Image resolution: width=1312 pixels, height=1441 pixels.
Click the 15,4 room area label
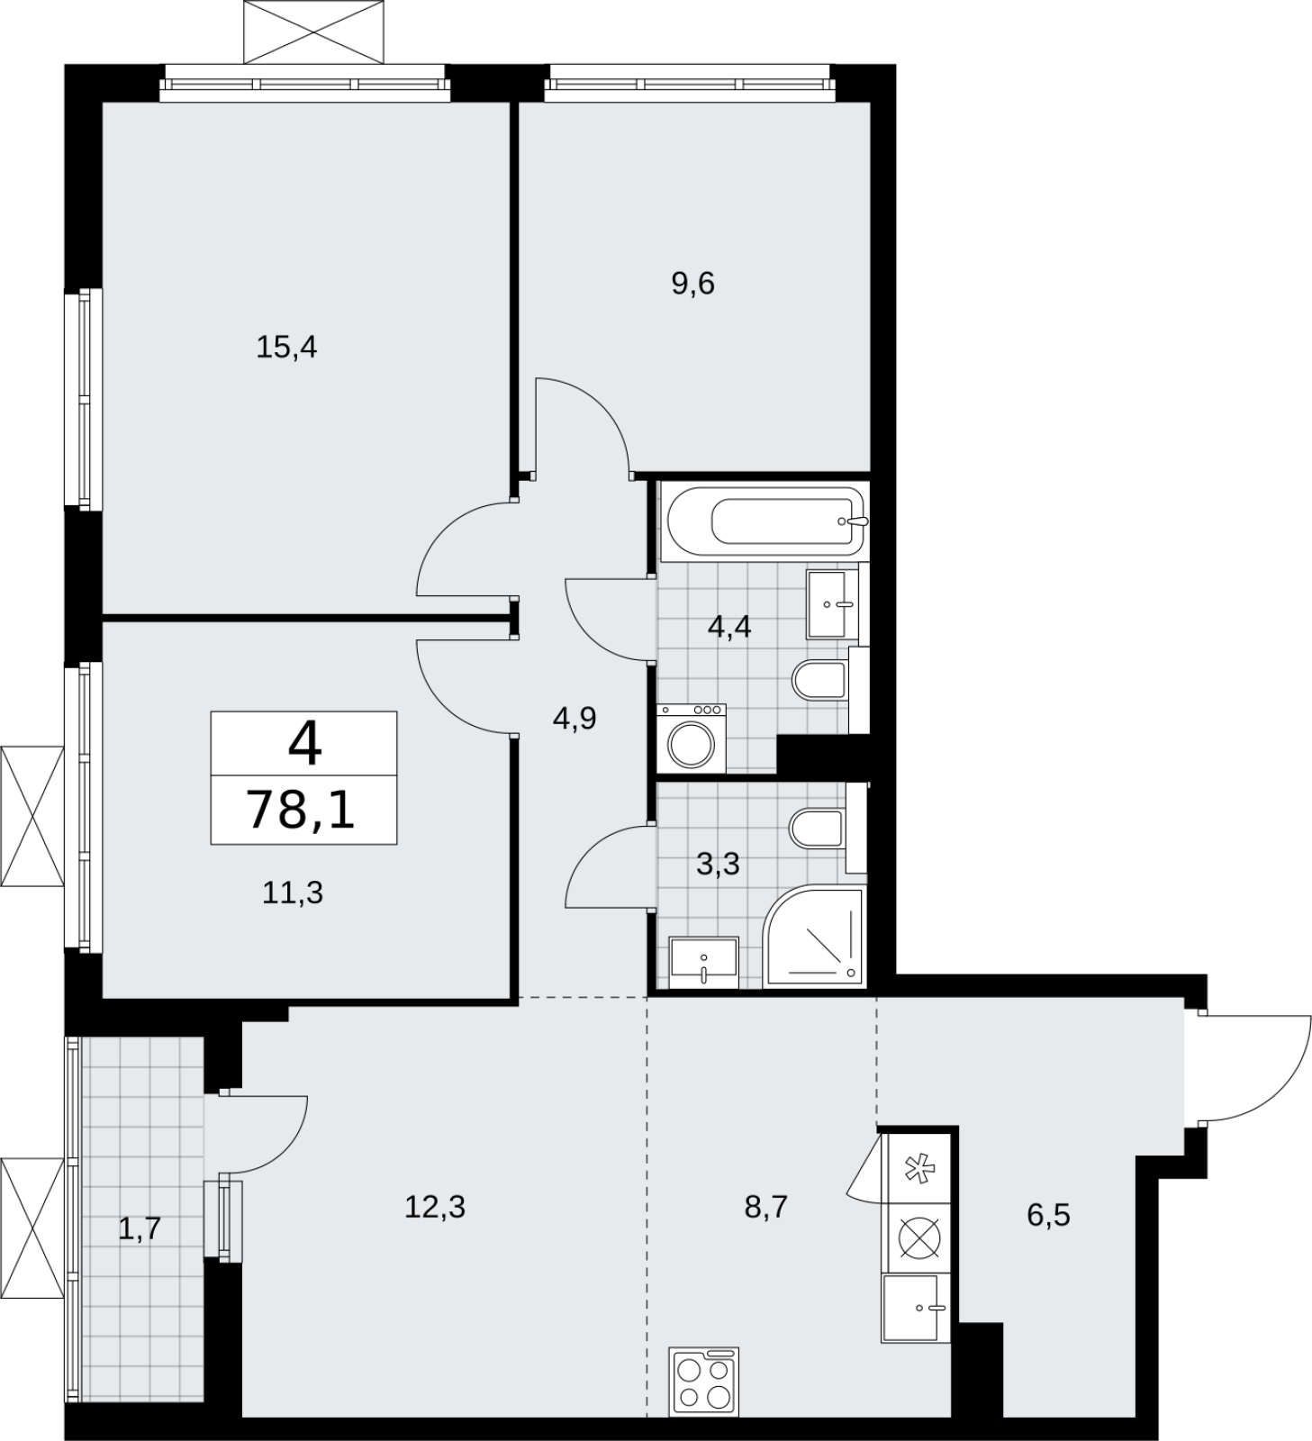point(286,347)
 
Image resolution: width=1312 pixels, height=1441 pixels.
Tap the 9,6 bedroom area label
point(692,284)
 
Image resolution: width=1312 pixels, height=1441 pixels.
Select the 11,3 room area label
point(293,893)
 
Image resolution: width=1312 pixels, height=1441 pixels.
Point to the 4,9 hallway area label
point(575,719)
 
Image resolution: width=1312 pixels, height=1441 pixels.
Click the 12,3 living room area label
point(435,1206)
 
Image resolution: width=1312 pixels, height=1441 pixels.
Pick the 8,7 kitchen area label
point(766,1206)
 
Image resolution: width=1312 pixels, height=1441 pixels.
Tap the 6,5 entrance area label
point(1049,1215)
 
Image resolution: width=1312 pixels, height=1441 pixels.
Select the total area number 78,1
point(302,810)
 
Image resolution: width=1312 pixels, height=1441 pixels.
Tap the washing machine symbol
point(691,739)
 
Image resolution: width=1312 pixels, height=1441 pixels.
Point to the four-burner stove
point(704,1380)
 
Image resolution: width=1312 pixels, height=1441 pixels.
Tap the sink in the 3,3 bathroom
point(703,963)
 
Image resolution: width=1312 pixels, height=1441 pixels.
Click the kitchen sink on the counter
point(916,1308)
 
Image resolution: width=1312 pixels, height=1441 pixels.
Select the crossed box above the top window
point(314,32)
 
